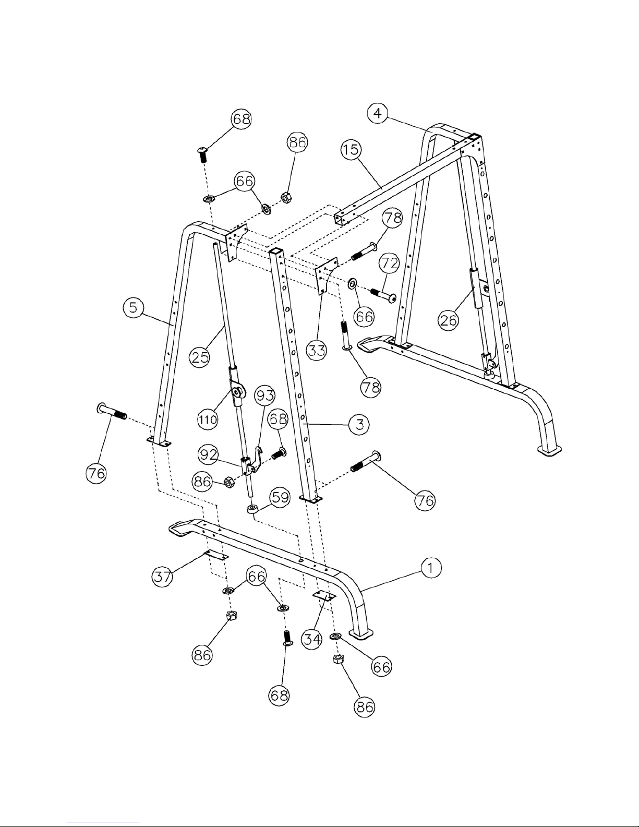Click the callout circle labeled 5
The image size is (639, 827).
coord(134,309)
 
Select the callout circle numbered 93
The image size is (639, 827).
coord(265,397)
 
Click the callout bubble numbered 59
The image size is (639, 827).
coord(280,497)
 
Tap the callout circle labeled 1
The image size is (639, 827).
coord(430,569)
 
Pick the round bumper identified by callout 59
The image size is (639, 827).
coord(254,508)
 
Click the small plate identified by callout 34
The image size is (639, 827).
coord(323,596)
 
